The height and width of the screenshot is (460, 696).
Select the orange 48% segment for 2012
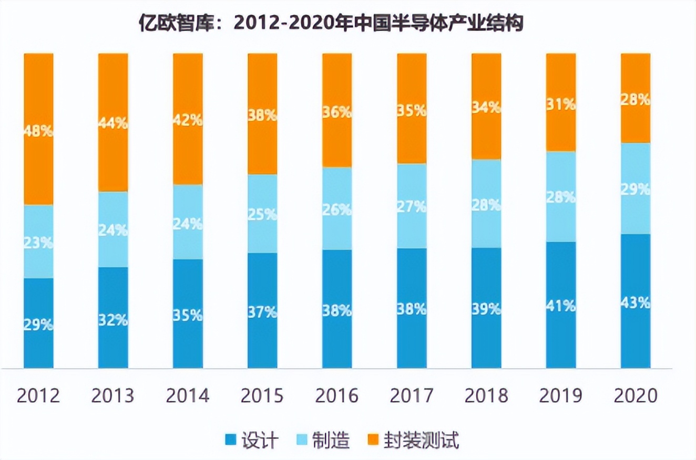pos(39,129)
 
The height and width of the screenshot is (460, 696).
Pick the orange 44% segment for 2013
pos(113,122)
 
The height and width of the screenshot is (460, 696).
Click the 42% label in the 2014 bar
pos(188,120)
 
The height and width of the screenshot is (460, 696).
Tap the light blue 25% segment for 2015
pos(262,214)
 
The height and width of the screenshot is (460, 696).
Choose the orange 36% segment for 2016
pos(337,111)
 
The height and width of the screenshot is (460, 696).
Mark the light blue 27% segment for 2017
pos(412,206)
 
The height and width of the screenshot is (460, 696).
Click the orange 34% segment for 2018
pos(486,107)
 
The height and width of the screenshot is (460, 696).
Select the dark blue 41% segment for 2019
pos(561,305)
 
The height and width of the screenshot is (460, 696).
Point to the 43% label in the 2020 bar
pos(636,303)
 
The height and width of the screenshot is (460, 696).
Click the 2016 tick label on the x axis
pos(337,395)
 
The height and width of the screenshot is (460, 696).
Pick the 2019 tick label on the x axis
pos(561,395)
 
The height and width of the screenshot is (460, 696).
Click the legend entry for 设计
pos(252,440)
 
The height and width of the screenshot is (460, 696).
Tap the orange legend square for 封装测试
pos(372,440)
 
